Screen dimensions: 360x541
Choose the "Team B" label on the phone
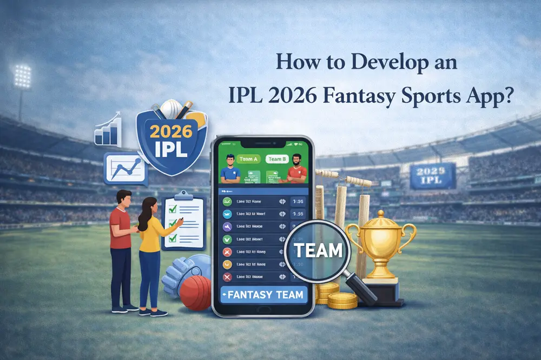pos(277,159)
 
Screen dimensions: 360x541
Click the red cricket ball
pos(195,292)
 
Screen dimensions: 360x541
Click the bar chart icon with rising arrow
pos(108,129)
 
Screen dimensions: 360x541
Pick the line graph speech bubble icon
pos(124,168)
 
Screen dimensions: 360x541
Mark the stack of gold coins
pos(335,297)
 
